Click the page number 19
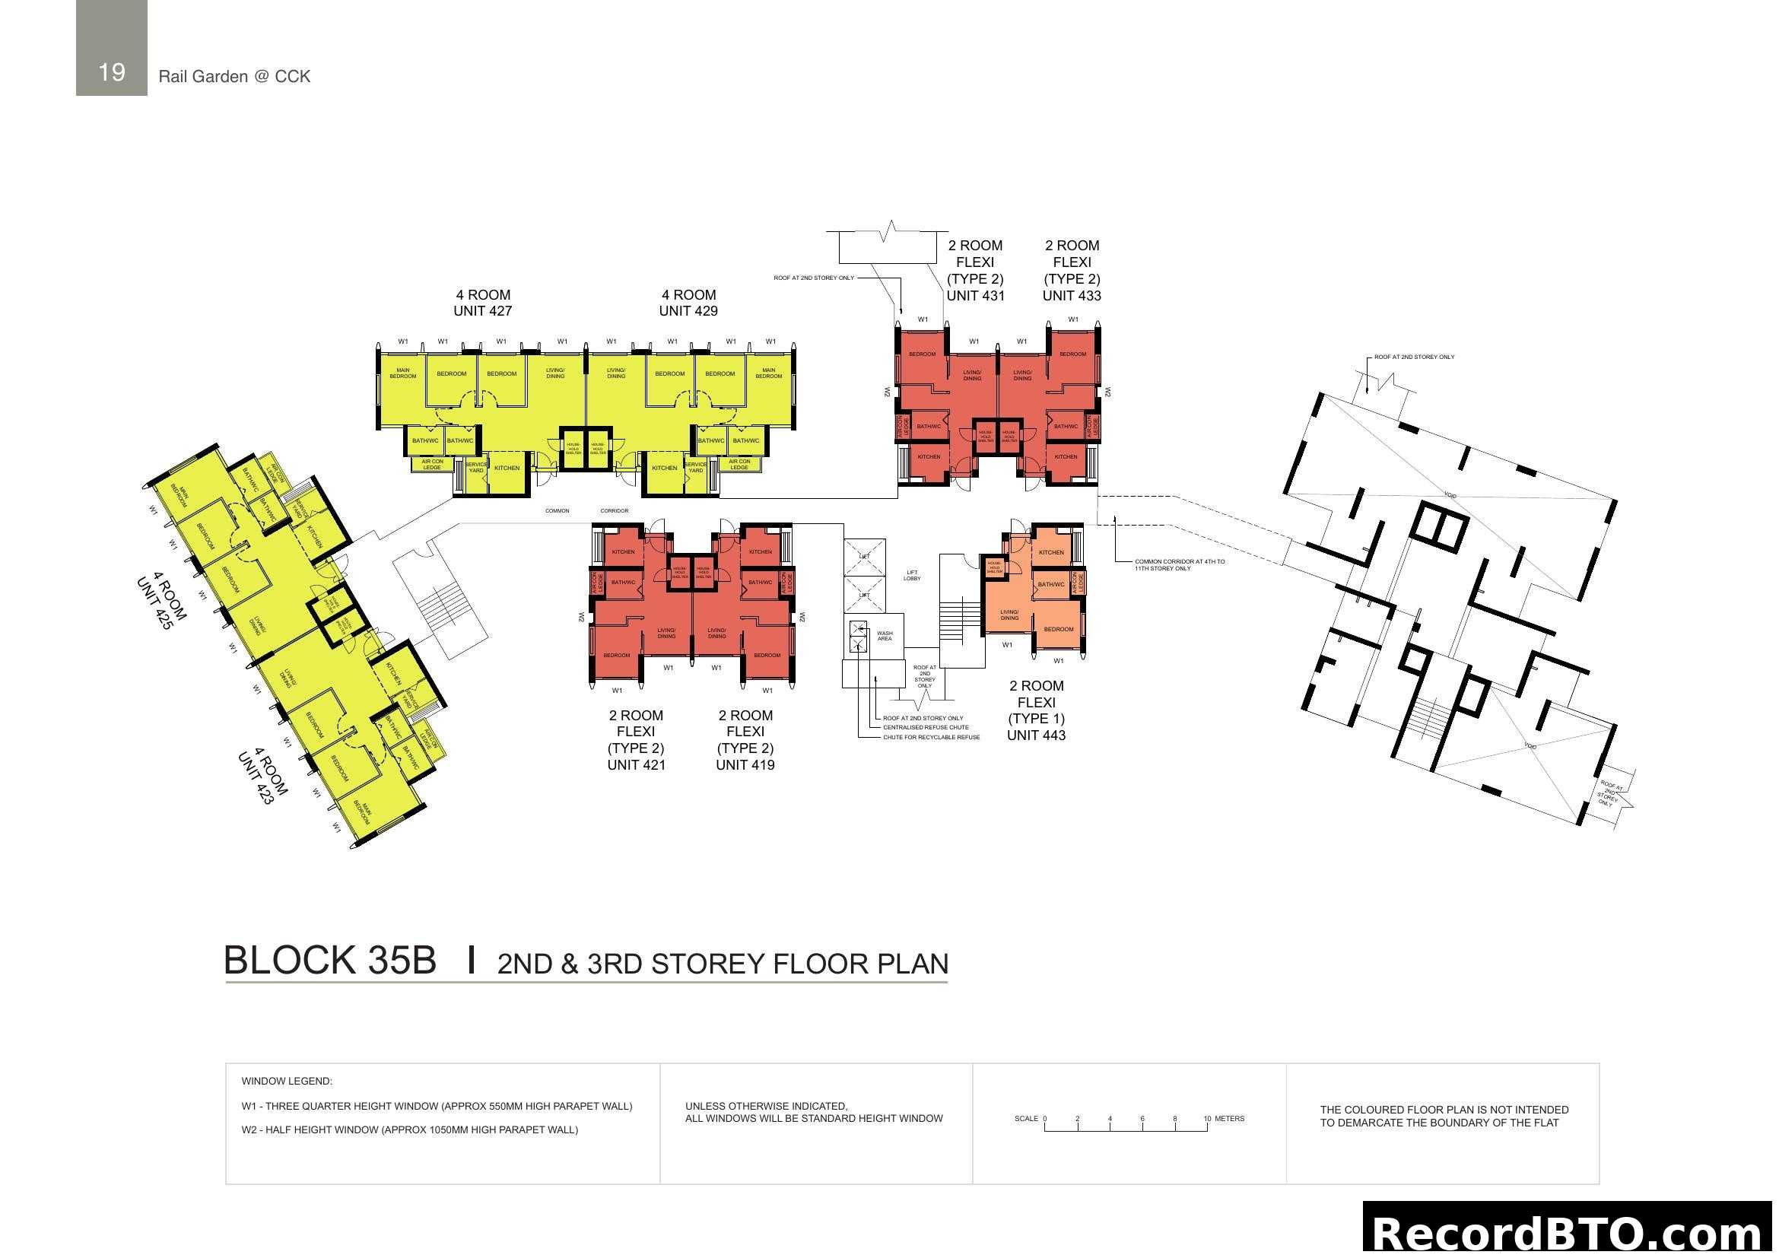[x=112, y=72]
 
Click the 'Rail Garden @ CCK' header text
[x=234, y=76]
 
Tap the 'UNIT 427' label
[x=482, y=310]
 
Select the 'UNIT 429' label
[x=688, y=310]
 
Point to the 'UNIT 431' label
[x=975, y=295]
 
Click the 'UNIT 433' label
[x=1072, y=295]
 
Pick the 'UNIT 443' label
[x=1036, y=735]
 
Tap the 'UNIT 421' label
[x=636, y=764]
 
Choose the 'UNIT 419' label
[x=745, y=764]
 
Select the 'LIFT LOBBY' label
[x=912, y=576]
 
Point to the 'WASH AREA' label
[x=884, y=636]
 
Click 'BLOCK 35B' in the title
[x=329, y=961]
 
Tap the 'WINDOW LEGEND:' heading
[x=287, y=1081]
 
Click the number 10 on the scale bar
[x=1206, y=1119]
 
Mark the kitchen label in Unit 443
[x=1050, y=552]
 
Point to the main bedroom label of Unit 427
[x=403, y=373]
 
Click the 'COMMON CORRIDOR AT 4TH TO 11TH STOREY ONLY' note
[x=1180, y=564]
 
